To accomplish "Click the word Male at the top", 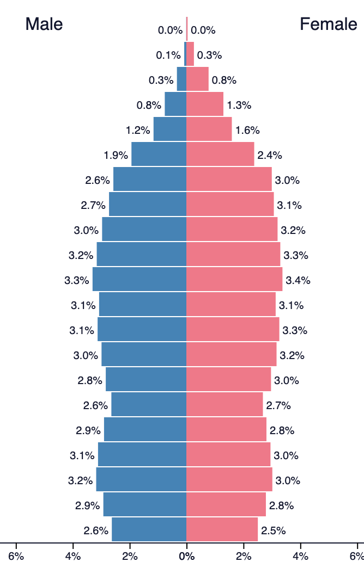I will click(44, 24).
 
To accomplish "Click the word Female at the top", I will click(329, 24).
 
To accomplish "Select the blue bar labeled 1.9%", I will click(159, 155).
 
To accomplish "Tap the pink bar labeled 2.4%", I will click(220, 155).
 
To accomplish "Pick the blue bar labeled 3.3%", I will click(139, 280).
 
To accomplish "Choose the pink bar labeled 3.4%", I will click(234, 280).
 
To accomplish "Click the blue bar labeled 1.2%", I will click(170, 129).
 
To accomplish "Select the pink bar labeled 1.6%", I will click(209, 129).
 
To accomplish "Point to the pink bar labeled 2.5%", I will click(222, 530).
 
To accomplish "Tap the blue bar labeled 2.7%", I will click(148, 205).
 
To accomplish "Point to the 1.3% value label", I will click(239, 105).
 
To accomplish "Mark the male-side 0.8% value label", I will click(149, 105).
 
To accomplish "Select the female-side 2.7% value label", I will click(278, 405).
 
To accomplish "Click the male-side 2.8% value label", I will click(90, 380).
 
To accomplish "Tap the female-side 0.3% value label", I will click(209, 55).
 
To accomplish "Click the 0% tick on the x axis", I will click(187, 556).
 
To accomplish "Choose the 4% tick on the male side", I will click(73, 556).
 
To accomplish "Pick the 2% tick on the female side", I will click(244, 556).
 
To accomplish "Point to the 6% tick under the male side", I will click(16, 556).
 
